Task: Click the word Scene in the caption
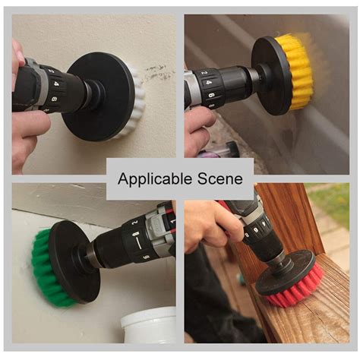coord(223,179)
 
